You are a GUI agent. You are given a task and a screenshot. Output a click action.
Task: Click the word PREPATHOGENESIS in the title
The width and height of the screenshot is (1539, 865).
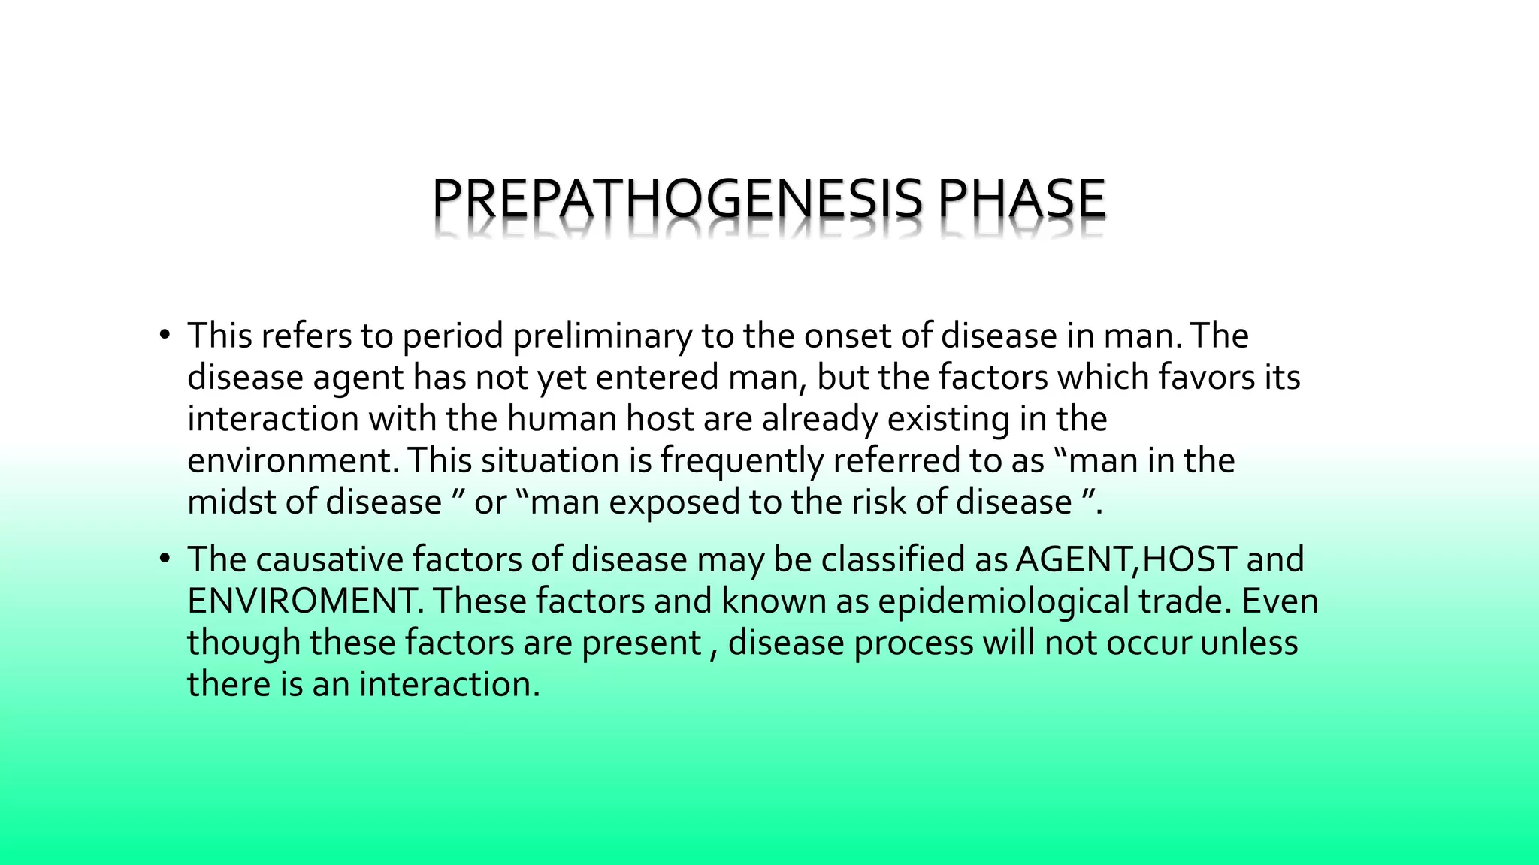(x=676, y=199)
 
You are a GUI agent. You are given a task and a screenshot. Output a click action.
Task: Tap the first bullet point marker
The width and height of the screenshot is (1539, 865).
(x=165, y=335)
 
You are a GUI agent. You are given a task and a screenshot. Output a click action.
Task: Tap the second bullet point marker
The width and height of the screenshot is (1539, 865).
(x=165, y=559)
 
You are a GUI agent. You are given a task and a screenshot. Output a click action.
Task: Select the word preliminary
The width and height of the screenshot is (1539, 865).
(x=601, y=336)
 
